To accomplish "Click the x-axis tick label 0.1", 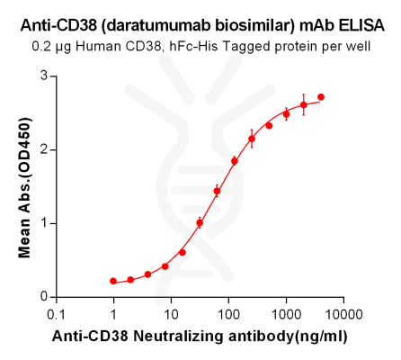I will coord(56,315).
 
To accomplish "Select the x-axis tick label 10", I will coord(171,315).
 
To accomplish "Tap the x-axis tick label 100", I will coord(228,315).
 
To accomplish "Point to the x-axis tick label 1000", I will coord(286,315).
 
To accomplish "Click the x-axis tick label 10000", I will coord(343,315).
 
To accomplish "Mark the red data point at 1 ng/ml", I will coord(113,281).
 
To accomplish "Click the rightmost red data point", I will coord(321,97).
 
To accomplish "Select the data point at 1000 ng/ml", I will coord(286,114).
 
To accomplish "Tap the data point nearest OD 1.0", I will coord(200,222).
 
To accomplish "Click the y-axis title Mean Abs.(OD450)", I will coord(24,186).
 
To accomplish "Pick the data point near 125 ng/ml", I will coord(235,161).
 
